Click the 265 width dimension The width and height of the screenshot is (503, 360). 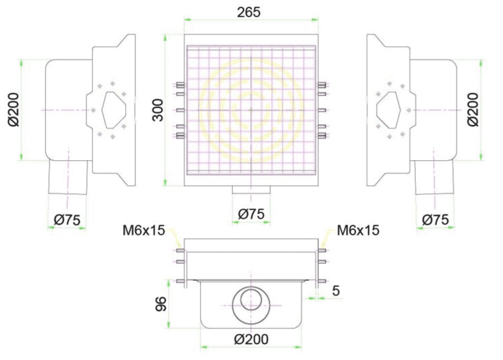[249, 12]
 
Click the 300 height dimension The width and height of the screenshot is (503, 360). [158, 110]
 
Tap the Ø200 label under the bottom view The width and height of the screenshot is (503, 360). [251, 339]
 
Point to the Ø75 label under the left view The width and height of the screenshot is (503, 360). [67, 220]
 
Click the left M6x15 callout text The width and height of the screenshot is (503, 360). [144, 230]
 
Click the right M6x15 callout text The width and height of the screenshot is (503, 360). [358, 230]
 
